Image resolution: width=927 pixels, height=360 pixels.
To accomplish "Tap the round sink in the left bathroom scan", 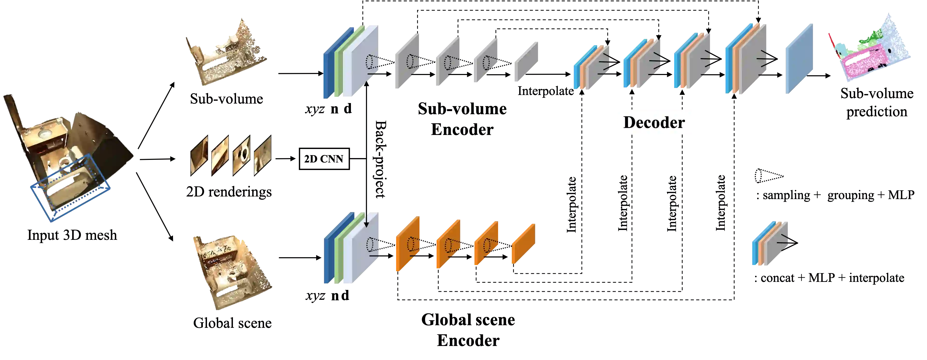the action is coord(45,134).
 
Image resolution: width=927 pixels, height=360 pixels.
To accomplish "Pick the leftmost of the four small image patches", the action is coord(199,155).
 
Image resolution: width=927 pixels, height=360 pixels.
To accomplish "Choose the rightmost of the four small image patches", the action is coord(263,155).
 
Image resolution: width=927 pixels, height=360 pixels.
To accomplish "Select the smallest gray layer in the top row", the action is coord(527,62).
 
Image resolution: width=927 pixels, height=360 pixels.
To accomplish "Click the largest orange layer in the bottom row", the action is coord(408,244).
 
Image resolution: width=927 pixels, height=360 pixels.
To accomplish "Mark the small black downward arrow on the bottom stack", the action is coord(366,220).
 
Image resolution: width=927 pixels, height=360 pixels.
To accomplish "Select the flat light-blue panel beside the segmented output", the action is coord(799,59).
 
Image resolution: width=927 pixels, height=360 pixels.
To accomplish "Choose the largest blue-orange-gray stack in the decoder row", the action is coord(745,59).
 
